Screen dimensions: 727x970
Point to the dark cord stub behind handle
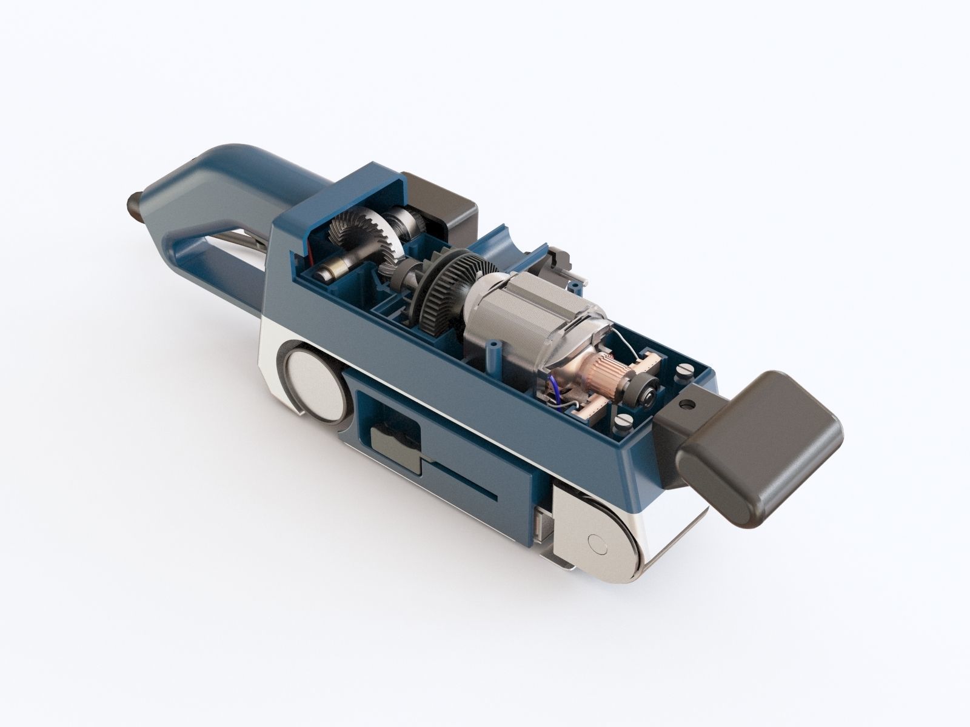click(x=135, y=202)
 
